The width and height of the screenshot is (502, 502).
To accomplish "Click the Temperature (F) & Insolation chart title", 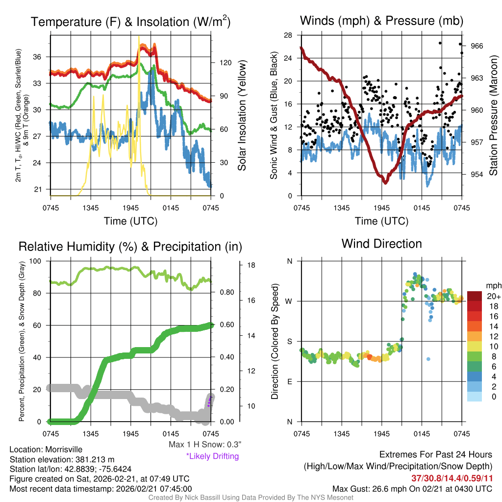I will tap(130, 22).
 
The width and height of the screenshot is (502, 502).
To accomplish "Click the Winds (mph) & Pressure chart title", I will tap(381, 21).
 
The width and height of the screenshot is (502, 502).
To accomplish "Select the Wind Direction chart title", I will tap(381, 244).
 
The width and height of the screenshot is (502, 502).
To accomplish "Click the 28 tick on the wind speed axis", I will tap(288, 35).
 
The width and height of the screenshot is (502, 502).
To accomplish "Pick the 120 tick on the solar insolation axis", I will tap(225, 63).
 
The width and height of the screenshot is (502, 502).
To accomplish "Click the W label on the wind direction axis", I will tap(289, 301).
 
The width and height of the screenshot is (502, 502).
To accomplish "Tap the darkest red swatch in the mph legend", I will tap(476, 296).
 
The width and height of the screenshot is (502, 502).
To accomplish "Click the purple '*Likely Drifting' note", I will tap(212, 456).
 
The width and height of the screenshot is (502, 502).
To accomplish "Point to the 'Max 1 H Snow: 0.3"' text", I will tap(204, 445).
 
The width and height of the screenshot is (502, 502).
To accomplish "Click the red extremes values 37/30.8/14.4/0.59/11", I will tap(450, 477).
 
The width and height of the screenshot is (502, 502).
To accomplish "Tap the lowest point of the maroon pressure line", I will tap(385, 182).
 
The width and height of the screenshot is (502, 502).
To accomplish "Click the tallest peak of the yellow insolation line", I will tap(139, 37).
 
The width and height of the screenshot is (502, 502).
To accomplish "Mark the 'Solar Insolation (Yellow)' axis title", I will tap(242, 115).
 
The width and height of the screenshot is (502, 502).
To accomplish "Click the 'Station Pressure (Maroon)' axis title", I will tap(493, 115).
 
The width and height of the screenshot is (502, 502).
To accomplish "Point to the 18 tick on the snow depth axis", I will tap(251, 265).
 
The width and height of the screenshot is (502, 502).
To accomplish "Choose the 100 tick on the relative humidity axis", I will tap(35, 261).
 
